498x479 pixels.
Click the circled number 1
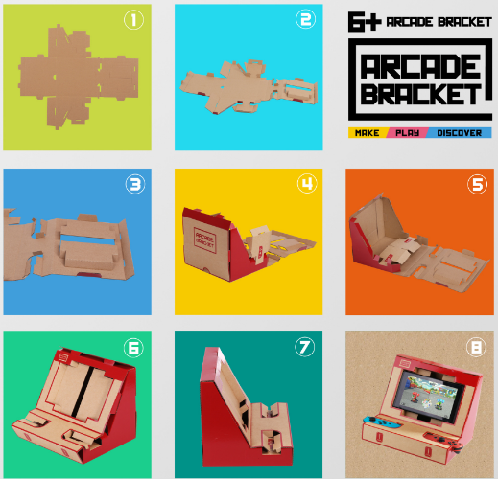tap(133, 20)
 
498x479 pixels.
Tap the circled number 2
tap(305, 19)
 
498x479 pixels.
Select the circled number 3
tap(135, 184)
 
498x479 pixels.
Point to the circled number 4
tap(307, 184)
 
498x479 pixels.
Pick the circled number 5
tap(478, 184)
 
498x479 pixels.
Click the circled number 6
tap(133, 348)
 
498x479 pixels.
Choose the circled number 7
tap(304, 347)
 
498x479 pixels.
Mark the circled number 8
tap(476, 347)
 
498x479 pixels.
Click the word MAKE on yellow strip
tap(368, 133)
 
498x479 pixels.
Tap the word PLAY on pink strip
tap(407, 133)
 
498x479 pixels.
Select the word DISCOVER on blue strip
tap(460, 133)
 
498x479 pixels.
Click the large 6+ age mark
tap(365, 22)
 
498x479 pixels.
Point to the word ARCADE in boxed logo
tap(421, 66)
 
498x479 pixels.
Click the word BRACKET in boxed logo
tap(421, 94)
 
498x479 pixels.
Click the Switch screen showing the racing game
tap(429, 395)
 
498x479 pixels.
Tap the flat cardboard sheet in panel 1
tap(78, 77)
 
